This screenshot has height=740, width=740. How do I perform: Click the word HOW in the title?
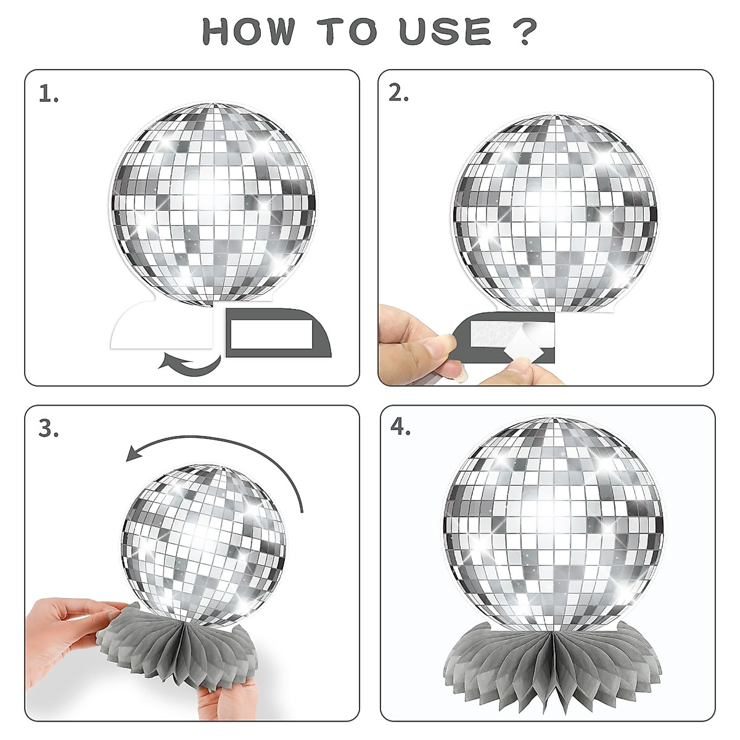pos(248,31)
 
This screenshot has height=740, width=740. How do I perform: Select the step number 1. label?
pos(49,95)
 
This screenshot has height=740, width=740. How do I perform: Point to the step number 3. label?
pos(49,429)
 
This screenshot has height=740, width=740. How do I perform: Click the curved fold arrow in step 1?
pos(190,363)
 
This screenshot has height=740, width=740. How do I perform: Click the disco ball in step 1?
pos(213,203)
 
